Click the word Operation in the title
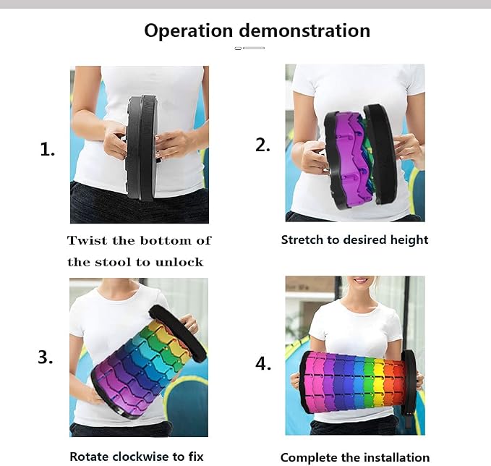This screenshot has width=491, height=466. coord(189,31)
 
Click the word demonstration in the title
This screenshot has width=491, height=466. coord(304,30)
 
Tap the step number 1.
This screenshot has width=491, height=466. coord(47,149)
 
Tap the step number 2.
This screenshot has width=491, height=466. coord(262,145)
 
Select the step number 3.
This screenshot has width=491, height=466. coord(46,357)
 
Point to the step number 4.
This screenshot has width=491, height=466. coord(263,364)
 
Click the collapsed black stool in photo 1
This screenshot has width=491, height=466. coord(141,147)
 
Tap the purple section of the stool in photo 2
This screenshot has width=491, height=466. coord(351,160)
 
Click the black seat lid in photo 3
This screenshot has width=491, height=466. coord(178,333)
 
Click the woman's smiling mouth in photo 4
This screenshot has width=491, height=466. coord(362,280)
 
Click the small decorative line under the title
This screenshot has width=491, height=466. coord(249,48)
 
